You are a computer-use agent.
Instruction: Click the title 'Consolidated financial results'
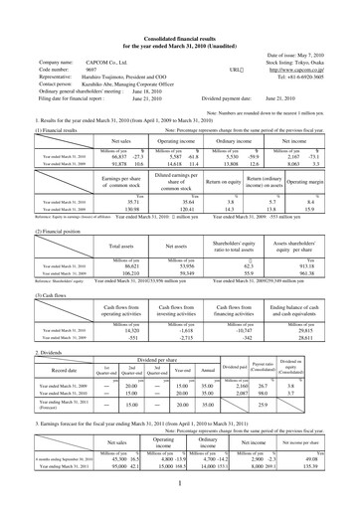180,10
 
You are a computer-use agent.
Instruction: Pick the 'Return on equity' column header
210,184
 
